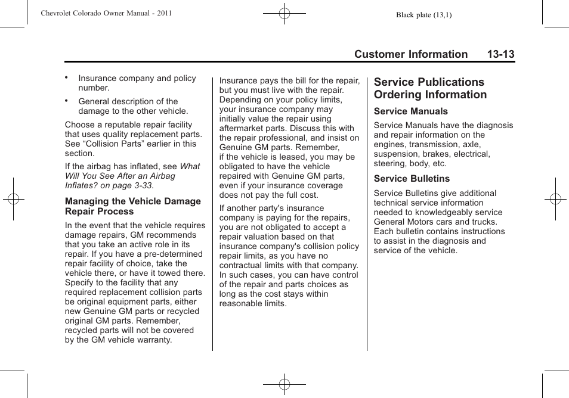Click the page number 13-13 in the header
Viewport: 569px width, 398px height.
500,55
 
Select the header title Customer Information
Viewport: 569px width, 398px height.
411,55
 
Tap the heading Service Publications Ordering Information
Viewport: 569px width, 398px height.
430,88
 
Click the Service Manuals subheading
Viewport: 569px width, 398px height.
410,111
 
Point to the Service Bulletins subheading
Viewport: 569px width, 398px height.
412,179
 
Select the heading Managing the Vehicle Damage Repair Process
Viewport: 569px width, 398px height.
132,206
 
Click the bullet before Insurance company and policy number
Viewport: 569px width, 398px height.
67,77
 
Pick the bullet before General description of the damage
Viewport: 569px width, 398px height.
67,101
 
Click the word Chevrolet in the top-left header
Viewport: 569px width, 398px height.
58,13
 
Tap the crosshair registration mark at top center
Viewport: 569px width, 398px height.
284,13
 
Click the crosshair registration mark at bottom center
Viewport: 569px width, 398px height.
284,384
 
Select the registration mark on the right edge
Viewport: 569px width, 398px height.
555,199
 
